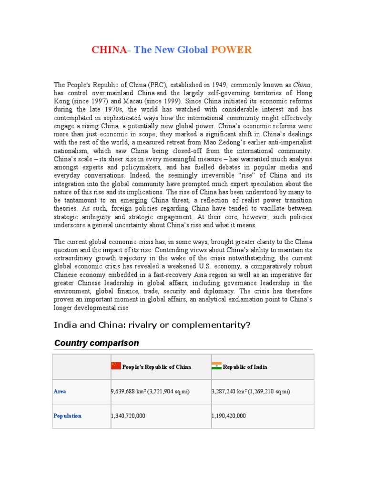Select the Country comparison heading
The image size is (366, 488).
(x=97, y=343)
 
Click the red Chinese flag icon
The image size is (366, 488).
(x=116, y=366)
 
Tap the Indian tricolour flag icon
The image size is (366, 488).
(x=216, y=366)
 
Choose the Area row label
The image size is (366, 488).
(x=60, y=391)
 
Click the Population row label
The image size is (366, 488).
(x=67, y=416)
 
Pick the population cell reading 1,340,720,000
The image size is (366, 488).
(x=128, y=416)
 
